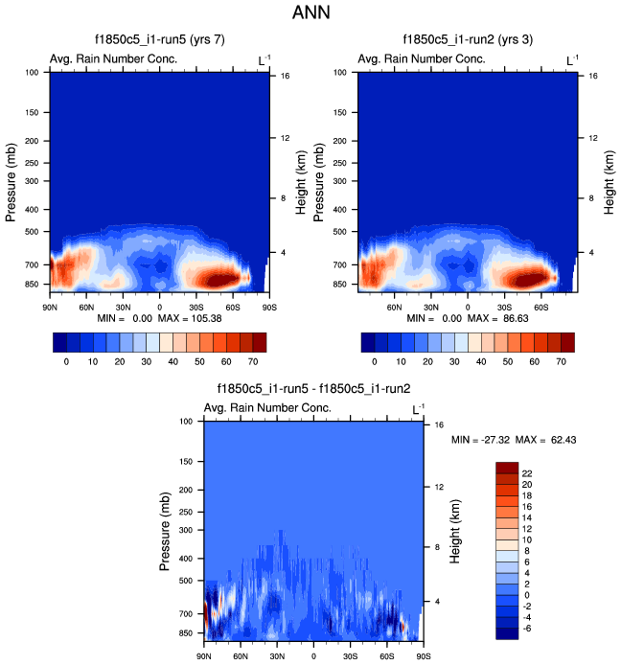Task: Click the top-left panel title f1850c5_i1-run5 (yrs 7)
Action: point(159,40)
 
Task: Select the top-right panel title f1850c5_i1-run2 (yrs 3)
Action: point(468,40)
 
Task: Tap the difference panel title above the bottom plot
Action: point(313,389)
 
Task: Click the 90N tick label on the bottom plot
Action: point(204,655)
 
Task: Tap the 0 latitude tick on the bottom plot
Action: point(313,655)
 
